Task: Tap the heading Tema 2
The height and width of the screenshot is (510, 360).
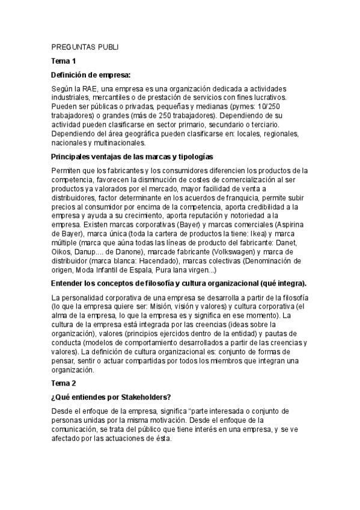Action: coord(64,382)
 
